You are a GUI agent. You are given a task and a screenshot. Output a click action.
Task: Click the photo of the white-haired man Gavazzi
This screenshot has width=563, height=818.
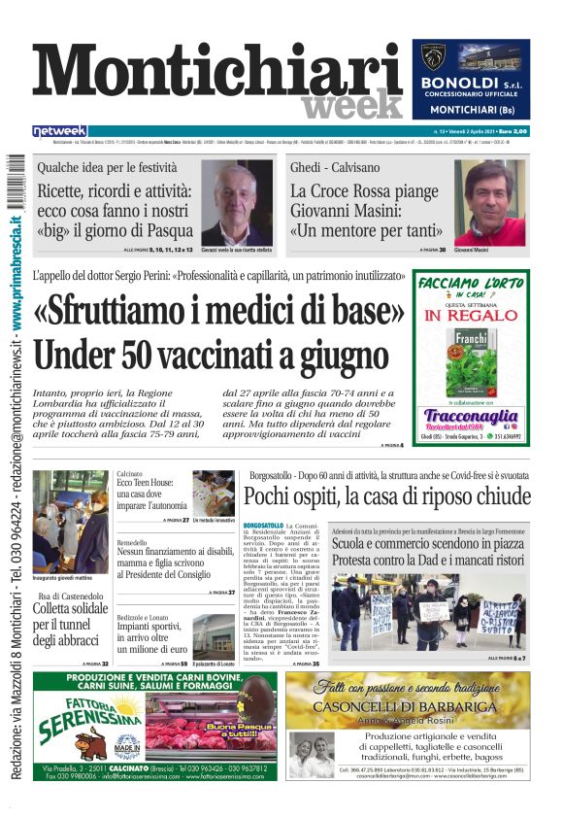pos(236,203)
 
